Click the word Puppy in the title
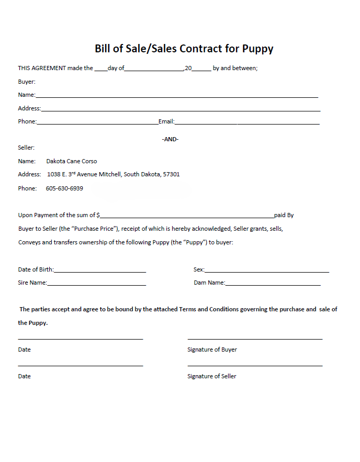[257, 49]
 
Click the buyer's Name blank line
[176, 96]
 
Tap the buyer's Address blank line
[181, 110]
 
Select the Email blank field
[247, 123]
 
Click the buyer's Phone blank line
[97, 123]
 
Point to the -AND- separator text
[170, 139]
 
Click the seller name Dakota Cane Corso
[72, 161]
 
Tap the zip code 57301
[171, 174]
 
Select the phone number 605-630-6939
[64, 188]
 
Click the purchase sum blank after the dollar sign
[187, 216]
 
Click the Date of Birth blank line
[99, 271]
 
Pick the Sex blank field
[267, 271]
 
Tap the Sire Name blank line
[96, 284]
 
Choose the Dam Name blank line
[273, 284]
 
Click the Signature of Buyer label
[212, 350]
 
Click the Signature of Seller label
[212, 376]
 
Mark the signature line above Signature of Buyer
[255, 339]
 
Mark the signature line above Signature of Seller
[255, 365]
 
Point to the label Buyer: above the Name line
[27, 82]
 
